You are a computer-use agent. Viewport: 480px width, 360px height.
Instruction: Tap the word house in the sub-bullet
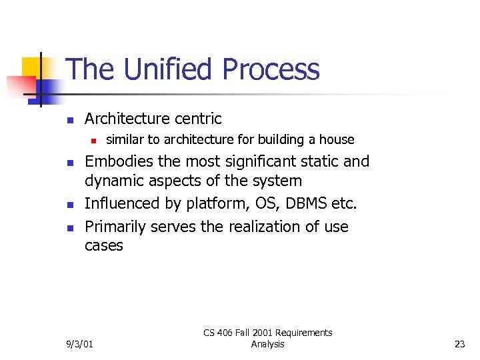click(x=337, y=139)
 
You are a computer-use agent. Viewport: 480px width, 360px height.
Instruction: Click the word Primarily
click(x=115, y=227)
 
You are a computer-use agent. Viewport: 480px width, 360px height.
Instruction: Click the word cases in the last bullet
click(x=104, y=245)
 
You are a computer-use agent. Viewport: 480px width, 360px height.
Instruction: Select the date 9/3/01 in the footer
click(x=80, y=344)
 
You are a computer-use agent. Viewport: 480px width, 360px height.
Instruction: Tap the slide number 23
click(x=459, y=344)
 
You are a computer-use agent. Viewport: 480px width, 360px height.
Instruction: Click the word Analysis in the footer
click(x=268, y=344)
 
